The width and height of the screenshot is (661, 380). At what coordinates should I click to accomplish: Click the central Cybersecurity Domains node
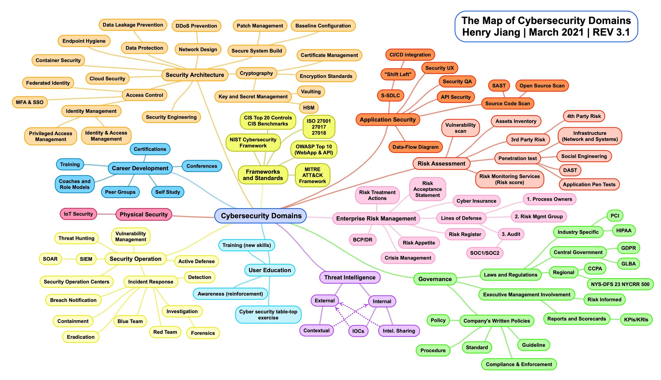(261, 216)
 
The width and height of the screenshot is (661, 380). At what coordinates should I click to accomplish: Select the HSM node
(309, 108)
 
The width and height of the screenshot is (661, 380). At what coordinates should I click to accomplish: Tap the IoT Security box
(78, 214)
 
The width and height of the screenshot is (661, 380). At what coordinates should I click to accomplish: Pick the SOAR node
(50, 259)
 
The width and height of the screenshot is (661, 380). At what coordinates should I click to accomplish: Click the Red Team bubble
(165, 332)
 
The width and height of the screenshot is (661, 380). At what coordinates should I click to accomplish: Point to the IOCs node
(358, 331)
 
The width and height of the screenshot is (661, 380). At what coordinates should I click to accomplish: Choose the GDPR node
(628, 248)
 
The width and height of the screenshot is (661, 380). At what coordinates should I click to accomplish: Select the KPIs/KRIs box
(636, 320)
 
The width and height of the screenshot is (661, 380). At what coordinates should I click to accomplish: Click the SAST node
(499, 86)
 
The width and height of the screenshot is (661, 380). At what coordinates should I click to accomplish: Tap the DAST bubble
(570, 170)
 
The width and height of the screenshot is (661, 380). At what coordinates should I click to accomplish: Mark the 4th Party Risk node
(584, 116)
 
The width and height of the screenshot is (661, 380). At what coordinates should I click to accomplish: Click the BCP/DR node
(362, 240)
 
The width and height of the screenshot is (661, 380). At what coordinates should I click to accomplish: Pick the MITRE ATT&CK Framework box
(312, 175)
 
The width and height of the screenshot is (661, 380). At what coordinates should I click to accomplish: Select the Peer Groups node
(120, 192)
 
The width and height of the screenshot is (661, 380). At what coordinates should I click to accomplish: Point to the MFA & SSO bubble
(30, 102)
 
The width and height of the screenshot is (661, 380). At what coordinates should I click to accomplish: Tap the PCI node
(615, 216)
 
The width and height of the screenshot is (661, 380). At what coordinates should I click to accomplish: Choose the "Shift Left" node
(398, 74)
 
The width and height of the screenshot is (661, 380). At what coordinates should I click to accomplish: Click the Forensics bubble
(203, 333)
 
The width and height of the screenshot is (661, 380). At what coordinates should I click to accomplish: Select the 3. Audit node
(511, 234)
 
